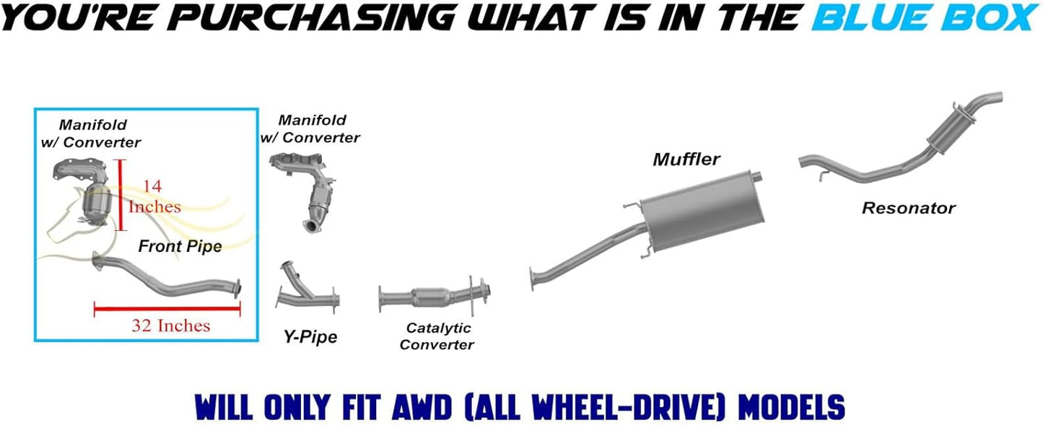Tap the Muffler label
(686, 159)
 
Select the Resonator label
(909, 208)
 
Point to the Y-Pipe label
(310, 336)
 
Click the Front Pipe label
(180, 246)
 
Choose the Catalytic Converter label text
(437, 336)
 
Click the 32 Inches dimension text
(171, 325)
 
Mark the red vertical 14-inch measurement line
(120, 195)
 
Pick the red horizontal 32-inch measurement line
(167, 308)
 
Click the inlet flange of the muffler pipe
(532, 279)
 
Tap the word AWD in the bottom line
(422, 407)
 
